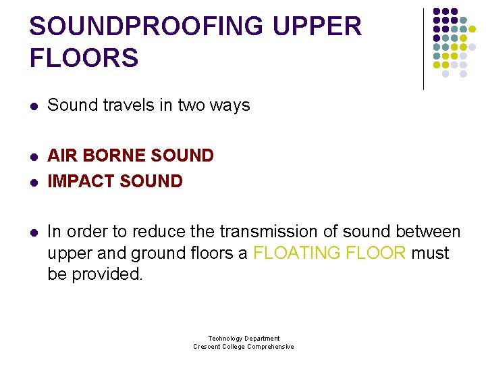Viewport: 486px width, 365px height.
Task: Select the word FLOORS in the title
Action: pos(84,57)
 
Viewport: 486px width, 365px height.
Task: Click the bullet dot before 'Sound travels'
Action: pos(34,106)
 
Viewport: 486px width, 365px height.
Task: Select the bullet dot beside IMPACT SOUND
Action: pos(34,182)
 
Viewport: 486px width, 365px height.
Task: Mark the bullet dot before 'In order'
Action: pos(34,233)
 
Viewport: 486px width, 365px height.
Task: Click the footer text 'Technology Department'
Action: pos(244,339)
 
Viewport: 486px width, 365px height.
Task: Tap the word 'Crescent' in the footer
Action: pos(208,347)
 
